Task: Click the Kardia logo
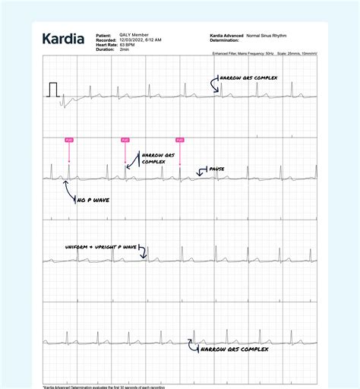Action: [63, 40]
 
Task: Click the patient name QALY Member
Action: [134, 35]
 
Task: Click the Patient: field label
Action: [104, 35]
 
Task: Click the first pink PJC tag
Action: [69, 140]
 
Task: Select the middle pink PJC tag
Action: [125, 140]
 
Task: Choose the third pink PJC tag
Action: [180, 140]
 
